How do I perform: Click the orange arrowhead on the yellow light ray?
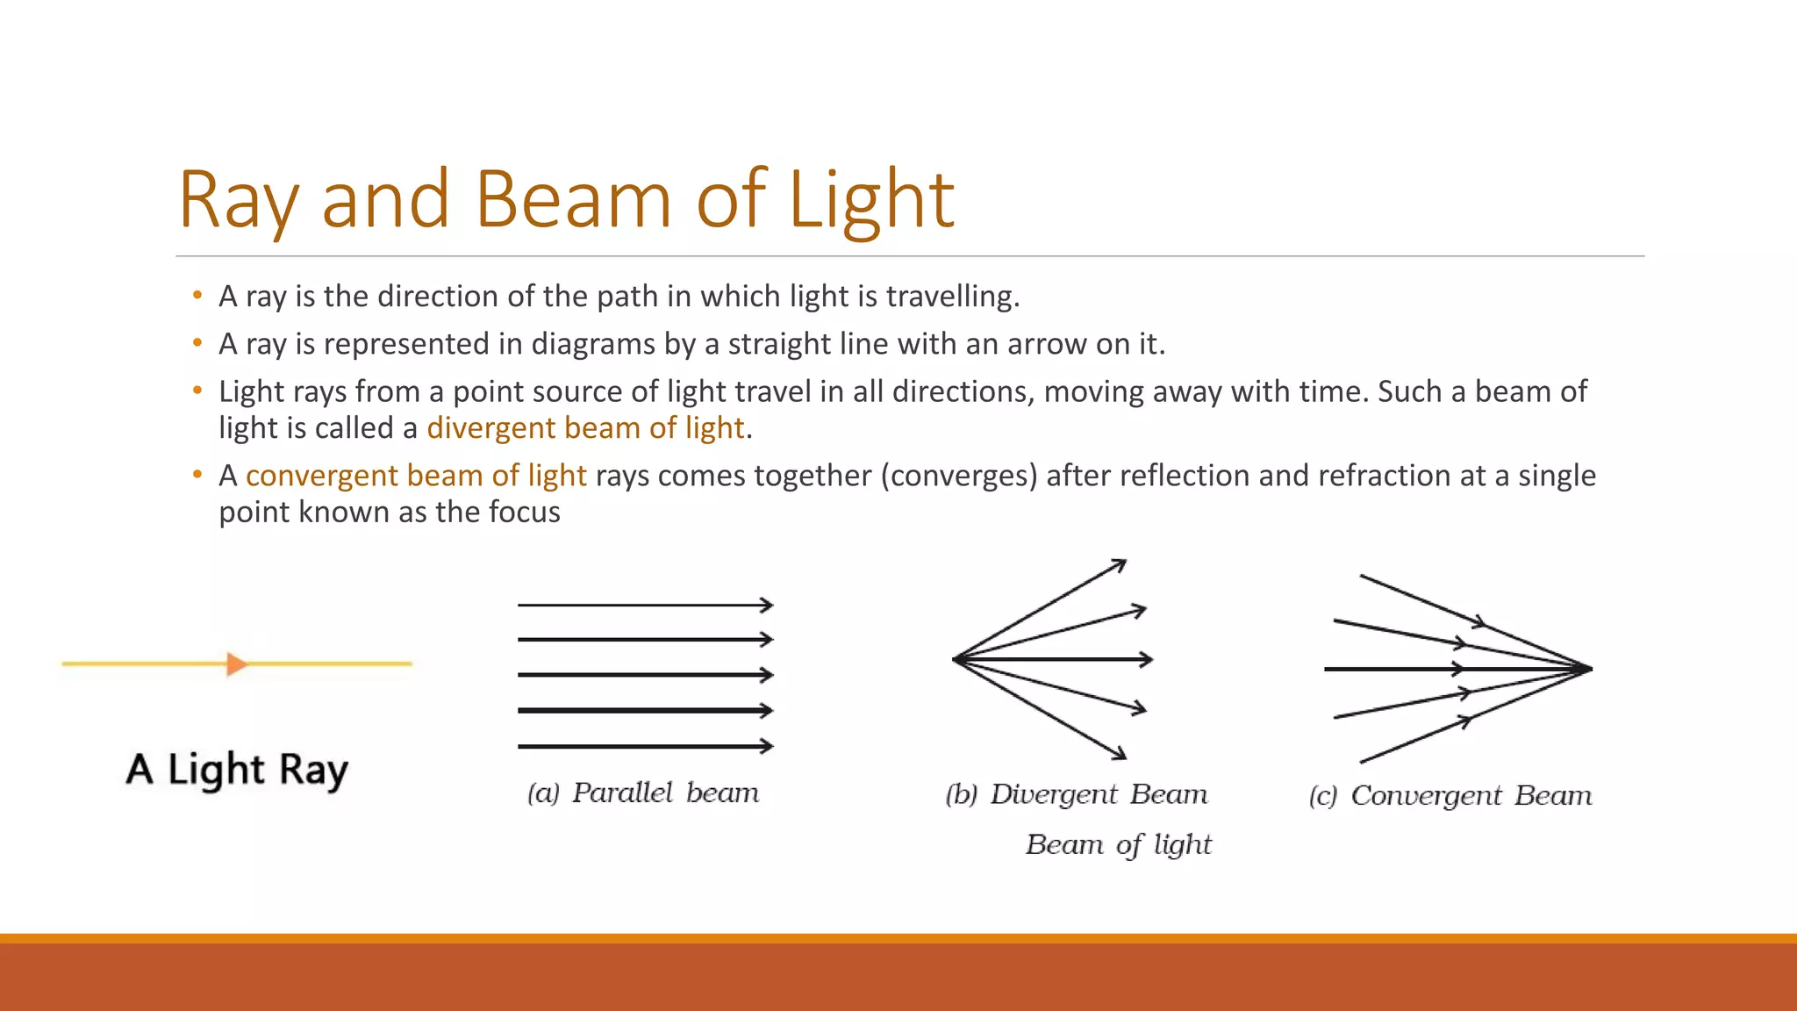coord(236,663)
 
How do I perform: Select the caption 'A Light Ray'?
coord(237,770)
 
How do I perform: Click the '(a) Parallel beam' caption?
coord(643,792)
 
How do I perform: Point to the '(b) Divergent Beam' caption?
coord(1077,794)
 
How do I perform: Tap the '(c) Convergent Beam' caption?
coord(1450,796)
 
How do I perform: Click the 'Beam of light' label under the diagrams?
coord(1119,844)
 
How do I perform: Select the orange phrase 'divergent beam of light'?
coord(585,428)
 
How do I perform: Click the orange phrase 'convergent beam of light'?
coord(416,476)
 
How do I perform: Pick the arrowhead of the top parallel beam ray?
coord(767,605)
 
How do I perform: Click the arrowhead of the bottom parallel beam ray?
coord(767,746)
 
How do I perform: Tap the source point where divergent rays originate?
coord(955,658)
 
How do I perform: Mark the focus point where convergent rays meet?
coord(1590,669)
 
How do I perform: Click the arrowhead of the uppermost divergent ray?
coord(1120,564)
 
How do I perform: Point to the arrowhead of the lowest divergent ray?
coord(1120,753)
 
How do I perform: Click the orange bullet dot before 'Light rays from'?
coord(197,391)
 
